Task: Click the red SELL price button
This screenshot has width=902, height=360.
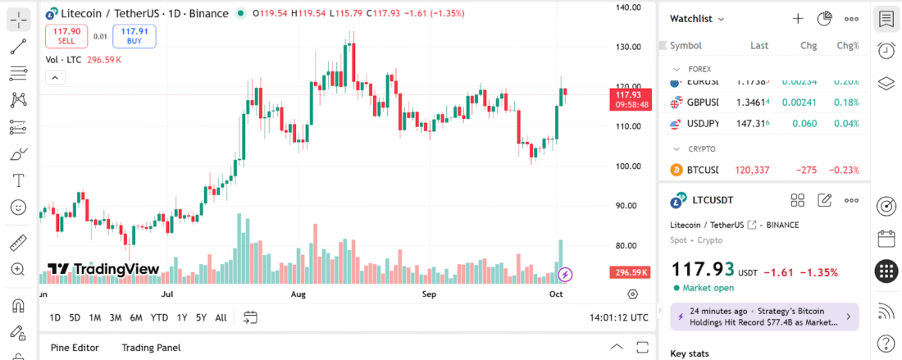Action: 66,35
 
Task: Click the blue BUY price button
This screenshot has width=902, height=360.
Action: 134,35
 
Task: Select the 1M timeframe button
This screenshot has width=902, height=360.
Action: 95,317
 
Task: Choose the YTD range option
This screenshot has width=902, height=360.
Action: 159,317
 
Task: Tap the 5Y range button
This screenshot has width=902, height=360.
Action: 201,317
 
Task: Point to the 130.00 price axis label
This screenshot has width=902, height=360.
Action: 628,47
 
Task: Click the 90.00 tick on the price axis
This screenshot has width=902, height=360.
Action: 628,206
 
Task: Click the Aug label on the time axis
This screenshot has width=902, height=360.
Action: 298,294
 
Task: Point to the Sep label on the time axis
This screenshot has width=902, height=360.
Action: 428,294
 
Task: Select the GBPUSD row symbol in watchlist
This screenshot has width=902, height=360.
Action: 702,103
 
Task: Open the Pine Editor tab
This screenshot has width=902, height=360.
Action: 75,348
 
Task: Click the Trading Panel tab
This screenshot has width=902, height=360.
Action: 151,348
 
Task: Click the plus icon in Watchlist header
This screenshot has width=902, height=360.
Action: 798,19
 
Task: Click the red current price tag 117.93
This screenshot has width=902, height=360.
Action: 631,99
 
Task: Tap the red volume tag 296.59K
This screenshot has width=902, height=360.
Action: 630,272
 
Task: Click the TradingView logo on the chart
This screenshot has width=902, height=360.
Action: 102,269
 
